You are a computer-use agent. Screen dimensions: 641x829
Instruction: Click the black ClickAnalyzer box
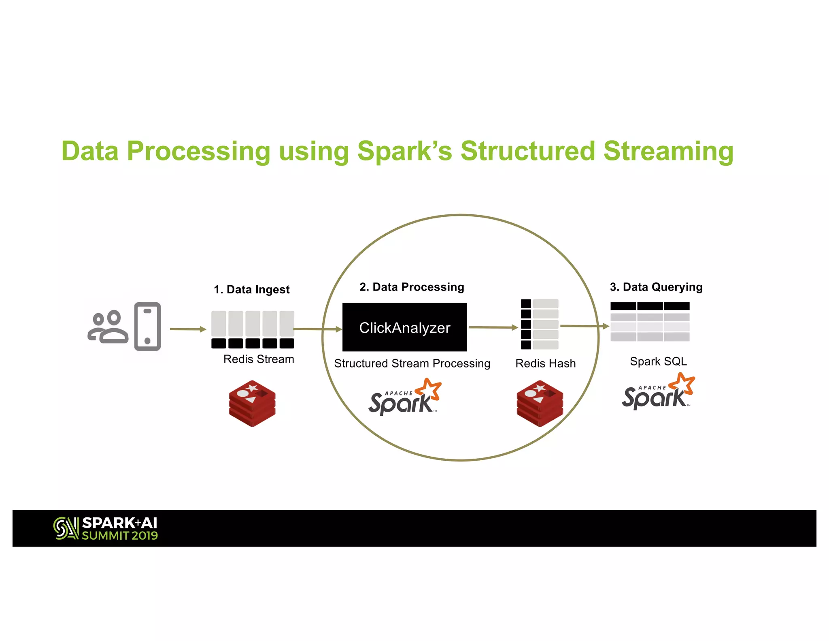(x=404, y=327)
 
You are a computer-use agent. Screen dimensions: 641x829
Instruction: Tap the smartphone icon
(x=147, y=326)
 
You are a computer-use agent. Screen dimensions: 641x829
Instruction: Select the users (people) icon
(x=108, y=327)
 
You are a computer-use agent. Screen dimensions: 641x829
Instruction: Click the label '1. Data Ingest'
(x=251, y=289)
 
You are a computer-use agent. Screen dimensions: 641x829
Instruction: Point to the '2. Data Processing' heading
(x=412, y=287)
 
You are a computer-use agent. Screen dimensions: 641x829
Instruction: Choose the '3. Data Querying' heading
(x=656, y=287)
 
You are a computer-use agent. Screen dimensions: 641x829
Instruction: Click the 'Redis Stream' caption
(x=259, y=359)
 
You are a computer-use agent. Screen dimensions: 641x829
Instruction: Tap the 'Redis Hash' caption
(x=545, y=363)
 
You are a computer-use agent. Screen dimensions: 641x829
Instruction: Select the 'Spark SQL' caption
(x=658, y=361)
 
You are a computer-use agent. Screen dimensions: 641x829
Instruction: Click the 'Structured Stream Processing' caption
(x=412, y=363)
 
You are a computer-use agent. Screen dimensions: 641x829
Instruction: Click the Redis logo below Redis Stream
(x=252, y=403)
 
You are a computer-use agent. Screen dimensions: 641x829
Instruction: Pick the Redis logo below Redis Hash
(x=540, y=403)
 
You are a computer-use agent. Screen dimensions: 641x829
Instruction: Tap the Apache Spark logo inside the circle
(x=404, y=398)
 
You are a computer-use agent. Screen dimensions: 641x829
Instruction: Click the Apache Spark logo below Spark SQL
(x=658, y=392)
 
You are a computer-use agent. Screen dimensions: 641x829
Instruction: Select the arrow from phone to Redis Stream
(x=188, y=329)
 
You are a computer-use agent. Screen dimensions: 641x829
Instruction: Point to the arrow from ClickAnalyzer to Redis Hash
(x=493, y=327)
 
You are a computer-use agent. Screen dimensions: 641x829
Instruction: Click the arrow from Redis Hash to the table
(x=585, y=326)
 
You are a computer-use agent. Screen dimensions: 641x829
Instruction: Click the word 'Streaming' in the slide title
(x=668, y=151)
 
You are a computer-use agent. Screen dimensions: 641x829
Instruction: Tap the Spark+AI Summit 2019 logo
(x=106, y=528)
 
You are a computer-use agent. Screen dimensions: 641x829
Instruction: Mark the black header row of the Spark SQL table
(x=650, y=306)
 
